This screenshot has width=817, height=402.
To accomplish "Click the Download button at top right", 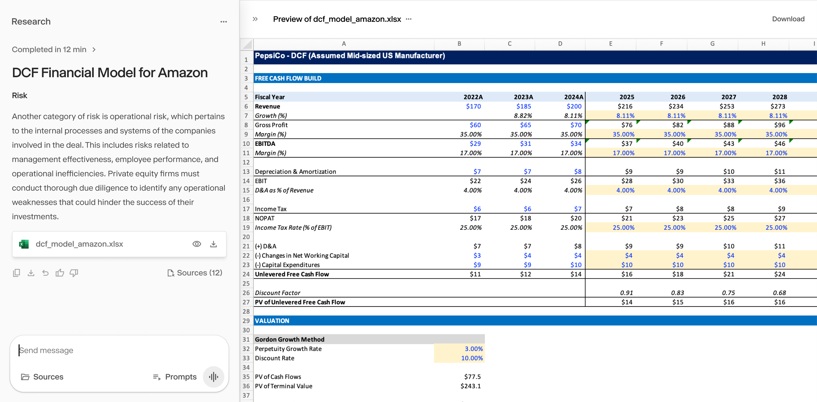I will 788,19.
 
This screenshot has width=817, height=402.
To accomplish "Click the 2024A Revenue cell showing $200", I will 574,106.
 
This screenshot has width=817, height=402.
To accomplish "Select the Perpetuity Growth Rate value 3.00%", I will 473,349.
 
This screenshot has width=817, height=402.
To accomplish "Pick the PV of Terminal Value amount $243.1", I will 470,386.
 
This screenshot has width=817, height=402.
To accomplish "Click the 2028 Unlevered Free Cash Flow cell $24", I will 779,274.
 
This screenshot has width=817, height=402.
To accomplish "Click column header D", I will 560,44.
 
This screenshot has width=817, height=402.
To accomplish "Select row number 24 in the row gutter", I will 246,274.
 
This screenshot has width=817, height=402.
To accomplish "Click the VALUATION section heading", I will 272,321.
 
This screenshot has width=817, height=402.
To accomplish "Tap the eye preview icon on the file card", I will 197,244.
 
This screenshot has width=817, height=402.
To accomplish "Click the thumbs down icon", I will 74,273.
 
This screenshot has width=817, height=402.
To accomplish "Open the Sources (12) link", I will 195,273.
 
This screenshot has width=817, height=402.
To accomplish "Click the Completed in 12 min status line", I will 53,50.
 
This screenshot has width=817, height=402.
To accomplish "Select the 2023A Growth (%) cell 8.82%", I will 522,116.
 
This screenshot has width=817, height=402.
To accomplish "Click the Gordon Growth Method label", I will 289,339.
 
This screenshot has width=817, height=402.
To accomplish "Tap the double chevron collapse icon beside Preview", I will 255,19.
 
